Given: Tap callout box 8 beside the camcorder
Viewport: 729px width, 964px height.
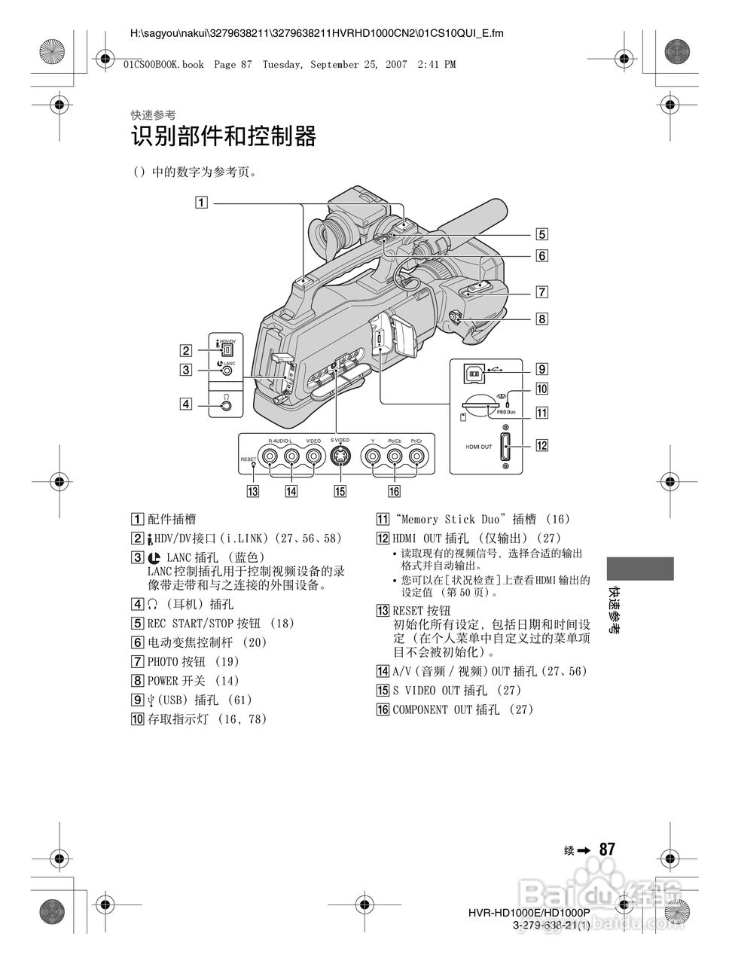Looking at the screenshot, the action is (x=541, y=318).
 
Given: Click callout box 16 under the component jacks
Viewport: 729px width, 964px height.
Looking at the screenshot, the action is (x=393, y=492).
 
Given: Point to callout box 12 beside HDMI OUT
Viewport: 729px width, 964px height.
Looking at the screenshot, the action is (x=541, y=444).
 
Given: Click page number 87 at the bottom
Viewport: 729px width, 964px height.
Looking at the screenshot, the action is (x=607, y=849).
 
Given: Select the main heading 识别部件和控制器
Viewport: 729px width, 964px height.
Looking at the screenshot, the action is (x=223, y=137).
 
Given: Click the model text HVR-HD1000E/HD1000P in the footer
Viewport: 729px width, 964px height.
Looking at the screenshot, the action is (x=528, y=913).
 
